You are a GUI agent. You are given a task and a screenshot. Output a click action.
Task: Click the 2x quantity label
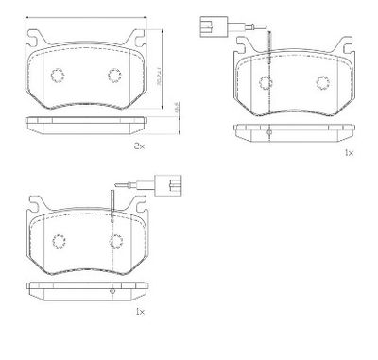(139, 147)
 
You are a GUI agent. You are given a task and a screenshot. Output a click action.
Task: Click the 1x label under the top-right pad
(349, 153)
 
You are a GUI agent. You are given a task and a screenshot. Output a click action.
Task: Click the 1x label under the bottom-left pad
(141, 311)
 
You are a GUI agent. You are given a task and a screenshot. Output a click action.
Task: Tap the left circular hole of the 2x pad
(56, 77)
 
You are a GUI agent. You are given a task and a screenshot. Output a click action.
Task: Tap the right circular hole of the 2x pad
(114, 77)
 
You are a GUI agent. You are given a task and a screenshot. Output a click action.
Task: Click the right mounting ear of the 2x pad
(139, 40)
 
